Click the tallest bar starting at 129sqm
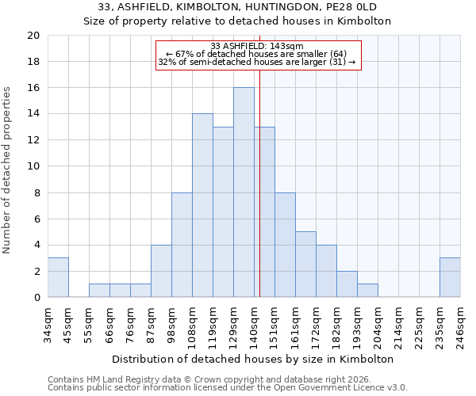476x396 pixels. tap(244, 192)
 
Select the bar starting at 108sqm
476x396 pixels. tap(202, 206)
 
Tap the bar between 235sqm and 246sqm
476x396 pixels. tap(450, 278)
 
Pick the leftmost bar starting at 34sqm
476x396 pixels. tap(58, 278)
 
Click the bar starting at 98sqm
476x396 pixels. tap(182, 245)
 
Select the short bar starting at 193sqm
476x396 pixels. tap(367, 291)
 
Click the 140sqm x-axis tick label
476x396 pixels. tap(254, 325)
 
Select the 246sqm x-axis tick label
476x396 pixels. tap(460, 325)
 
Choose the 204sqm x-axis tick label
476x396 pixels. tap(378, 325)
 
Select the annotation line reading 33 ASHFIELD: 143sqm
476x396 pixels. tap(257, 46)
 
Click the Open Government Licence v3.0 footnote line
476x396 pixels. tap(228, 388)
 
